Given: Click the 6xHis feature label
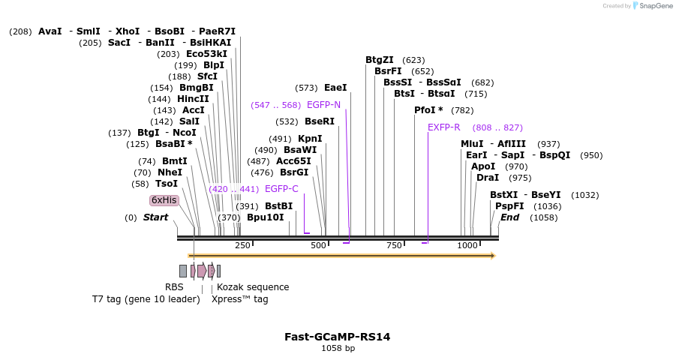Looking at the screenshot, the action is coord(164,200).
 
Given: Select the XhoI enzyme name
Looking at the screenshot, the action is coord(128,31).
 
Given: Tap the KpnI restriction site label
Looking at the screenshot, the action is coord(310,139).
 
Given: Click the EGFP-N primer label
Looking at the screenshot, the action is coord(324,105).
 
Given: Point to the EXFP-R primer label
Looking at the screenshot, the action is coord(443,127).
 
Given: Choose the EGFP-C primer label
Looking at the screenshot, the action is coord(281,189).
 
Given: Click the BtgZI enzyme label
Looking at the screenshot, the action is coord(380,60).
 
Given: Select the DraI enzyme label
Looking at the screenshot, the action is coord(488,178).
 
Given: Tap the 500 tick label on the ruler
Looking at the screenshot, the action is coord(318,245).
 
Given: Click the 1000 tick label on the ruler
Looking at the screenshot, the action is coord(467,245).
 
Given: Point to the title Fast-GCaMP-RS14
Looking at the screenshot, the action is coord(337,337).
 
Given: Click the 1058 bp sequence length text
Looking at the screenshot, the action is coord(338,348).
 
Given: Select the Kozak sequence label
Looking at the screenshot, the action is coord(253,287).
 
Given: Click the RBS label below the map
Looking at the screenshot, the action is coord(174,287).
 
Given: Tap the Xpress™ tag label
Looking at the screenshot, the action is coord(239,299).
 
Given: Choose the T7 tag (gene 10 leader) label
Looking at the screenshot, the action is coord(146,299).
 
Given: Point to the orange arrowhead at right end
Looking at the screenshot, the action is coord(493,256).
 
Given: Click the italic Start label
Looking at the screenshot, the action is coord(155,217).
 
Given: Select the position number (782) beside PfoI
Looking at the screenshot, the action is coord(462,110).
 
